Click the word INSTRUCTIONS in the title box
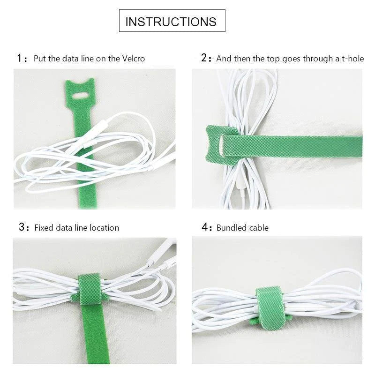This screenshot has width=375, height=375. (x=171, y=22)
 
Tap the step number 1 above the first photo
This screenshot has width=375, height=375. (x=19, y=59)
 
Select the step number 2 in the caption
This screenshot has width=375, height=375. (x=204, y=58)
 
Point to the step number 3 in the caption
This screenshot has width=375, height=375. (x=21, y=227)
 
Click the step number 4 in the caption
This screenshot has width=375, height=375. (x=204, y=227)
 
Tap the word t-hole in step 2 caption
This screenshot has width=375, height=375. (x=352, y=59)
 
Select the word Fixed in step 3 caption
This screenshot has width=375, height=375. (x=44, y=228)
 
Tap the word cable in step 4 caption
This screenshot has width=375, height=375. (x=258, y=228)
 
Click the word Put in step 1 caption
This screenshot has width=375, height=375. (x=39, y=59)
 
